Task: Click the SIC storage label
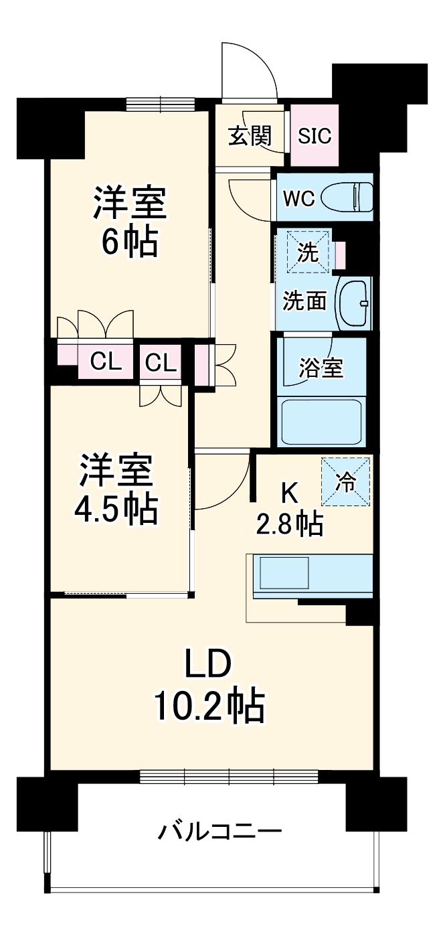(x=315, y=136)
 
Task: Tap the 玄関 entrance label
(x=250, y=136)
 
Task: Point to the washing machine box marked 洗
(x=308, y=252)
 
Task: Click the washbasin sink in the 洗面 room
(x=353, y=303)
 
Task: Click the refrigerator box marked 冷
(x=345, y=481)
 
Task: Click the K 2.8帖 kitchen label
(x=289, y=509)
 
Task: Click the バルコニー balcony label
(x=219, y=832)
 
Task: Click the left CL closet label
(x=106, y=363)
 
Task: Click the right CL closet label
(x=161, y=364)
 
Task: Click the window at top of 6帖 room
(x=161, y=104)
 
